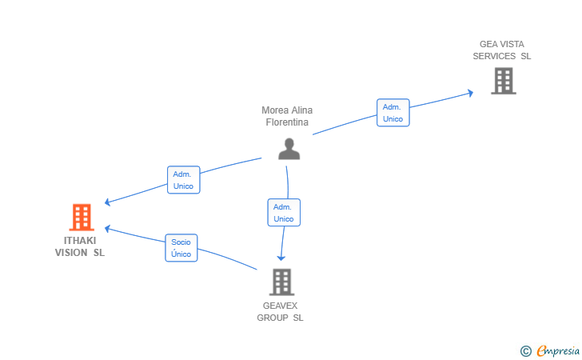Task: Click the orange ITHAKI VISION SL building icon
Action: point(82,217)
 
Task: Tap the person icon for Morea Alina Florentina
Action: point(289,149)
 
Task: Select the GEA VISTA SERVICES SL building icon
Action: point(504,81)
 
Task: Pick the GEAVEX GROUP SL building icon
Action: point(281,282)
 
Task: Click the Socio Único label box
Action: point(181,248)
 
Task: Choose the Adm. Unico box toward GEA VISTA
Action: point(393,113)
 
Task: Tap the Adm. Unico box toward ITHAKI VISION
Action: point(184,180)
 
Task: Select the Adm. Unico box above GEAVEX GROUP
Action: point(284,213)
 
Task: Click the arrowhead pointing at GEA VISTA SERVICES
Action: point(470,93)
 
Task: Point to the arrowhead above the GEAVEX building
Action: point(281,257)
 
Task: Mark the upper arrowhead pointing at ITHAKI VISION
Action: point(108,202)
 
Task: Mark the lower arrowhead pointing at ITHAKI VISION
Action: point(108,229)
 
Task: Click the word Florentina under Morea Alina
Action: point(287,122)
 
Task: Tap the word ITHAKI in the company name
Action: point(80,241)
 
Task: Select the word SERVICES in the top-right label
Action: point(494,56)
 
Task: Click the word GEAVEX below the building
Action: point(281,306)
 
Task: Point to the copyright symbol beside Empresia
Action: point(526,351)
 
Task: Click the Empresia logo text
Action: point(558,350)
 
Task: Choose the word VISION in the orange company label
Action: point(71,253)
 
